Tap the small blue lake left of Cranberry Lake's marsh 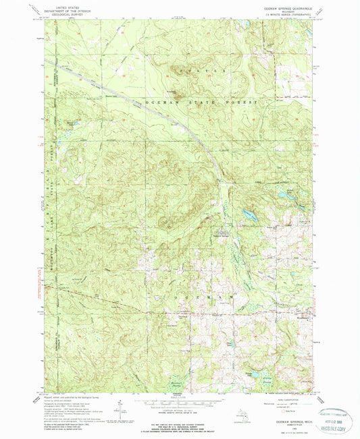[x=68, y=126]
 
